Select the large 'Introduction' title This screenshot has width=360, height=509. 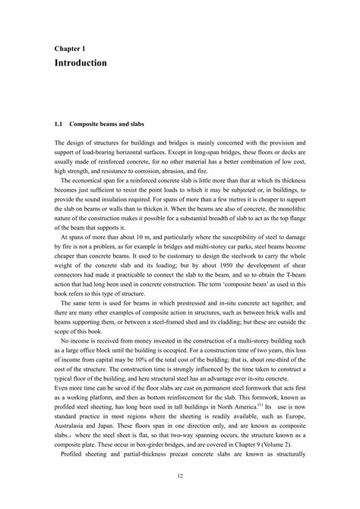tap(81, 62)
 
